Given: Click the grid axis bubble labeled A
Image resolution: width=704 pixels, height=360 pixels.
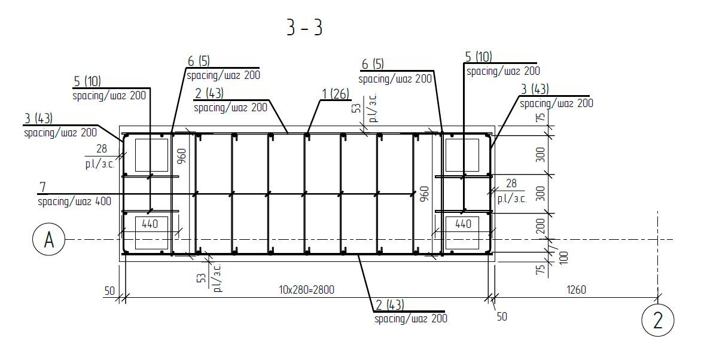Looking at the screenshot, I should click(49, 240).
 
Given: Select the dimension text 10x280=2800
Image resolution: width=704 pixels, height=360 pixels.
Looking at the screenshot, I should click(306, 290).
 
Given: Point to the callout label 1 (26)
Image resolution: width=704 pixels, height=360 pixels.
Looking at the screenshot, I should click(336, 94).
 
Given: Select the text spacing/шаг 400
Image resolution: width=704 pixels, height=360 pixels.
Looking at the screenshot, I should click(74, 202).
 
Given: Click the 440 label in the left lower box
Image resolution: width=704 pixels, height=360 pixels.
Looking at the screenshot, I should click(150, 224).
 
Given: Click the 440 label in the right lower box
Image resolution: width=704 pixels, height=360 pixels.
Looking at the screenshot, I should click(463, 224).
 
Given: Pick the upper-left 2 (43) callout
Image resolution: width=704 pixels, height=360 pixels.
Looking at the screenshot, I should click(209, 93).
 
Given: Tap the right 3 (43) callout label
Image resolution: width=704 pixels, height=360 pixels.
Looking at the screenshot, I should click(535, 89).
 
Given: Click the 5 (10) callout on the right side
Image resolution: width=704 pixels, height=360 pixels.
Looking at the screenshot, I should click(479, 57).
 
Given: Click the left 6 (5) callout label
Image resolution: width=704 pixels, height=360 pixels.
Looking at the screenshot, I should click(199, 62).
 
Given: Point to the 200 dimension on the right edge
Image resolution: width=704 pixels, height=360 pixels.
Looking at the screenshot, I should click(541, 226).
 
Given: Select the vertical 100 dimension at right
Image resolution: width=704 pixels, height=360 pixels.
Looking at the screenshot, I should click(563, 257).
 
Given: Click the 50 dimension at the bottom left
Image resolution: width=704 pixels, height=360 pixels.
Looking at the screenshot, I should click(109, 291).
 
